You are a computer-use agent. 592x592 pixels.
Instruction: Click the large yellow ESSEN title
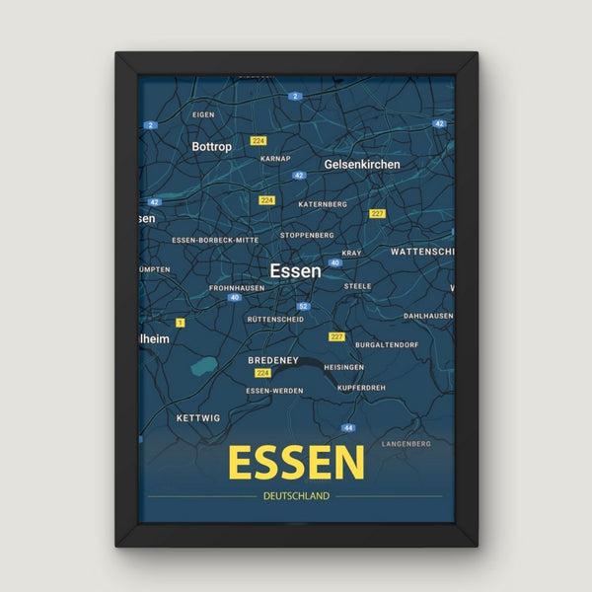coord(296,462)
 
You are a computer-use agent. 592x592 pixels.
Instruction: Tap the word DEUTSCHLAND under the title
coord(296,496)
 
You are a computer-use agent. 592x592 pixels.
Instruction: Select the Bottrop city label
coord(211,147)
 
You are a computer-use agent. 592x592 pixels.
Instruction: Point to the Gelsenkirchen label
coord(362,164)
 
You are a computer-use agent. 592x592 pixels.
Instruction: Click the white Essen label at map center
coord(295,269)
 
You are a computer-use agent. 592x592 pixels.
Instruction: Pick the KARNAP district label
coord(275,158)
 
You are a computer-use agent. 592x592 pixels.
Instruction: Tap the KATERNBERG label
coord(322,204)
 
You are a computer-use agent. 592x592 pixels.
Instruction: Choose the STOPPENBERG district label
coord(307,236)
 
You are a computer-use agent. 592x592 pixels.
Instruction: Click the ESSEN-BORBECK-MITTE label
coord(215,240)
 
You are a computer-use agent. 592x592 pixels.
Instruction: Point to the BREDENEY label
coord(273,361)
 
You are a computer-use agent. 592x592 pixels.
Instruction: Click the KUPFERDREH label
coord(361,388)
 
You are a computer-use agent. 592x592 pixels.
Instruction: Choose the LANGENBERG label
coord(407,444)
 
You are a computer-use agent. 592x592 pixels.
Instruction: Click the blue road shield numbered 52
coord(304,307)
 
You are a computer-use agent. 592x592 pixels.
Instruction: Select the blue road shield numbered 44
coord(348,428)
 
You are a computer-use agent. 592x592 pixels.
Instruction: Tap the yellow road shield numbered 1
coord(181,323)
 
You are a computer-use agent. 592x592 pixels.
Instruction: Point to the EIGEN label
coord(203,115)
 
